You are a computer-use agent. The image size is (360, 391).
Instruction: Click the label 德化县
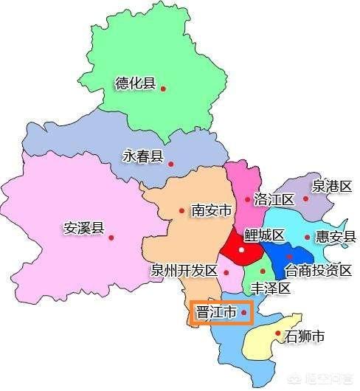pos(135,83)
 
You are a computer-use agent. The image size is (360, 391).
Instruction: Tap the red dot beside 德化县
pos(163,89)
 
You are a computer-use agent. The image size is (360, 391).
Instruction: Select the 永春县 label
pos(142,156)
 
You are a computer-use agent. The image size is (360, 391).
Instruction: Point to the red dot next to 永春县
pos(170,163)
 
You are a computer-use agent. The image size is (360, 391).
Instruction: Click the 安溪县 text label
pos(84,228)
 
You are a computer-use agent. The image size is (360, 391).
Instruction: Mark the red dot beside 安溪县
pos(111,237)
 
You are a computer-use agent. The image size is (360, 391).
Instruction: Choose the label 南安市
pos(212,210)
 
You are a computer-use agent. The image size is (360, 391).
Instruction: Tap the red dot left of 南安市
pos(181,210)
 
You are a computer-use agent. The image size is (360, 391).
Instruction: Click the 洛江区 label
pos(274,199)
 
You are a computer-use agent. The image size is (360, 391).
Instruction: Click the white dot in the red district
pos(241,250)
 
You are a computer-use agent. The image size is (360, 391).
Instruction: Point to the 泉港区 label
pos(330,186)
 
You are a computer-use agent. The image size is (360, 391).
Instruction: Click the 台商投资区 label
pos(319,270)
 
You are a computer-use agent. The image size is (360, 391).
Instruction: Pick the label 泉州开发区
pos(184,271)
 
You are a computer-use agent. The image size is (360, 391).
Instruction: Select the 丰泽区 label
pos(271,288)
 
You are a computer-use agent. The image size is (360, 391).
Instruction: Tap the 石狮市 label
pos(305,338)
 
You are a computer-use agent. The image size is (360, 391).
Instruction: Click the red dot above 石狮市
pos(277,333)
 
